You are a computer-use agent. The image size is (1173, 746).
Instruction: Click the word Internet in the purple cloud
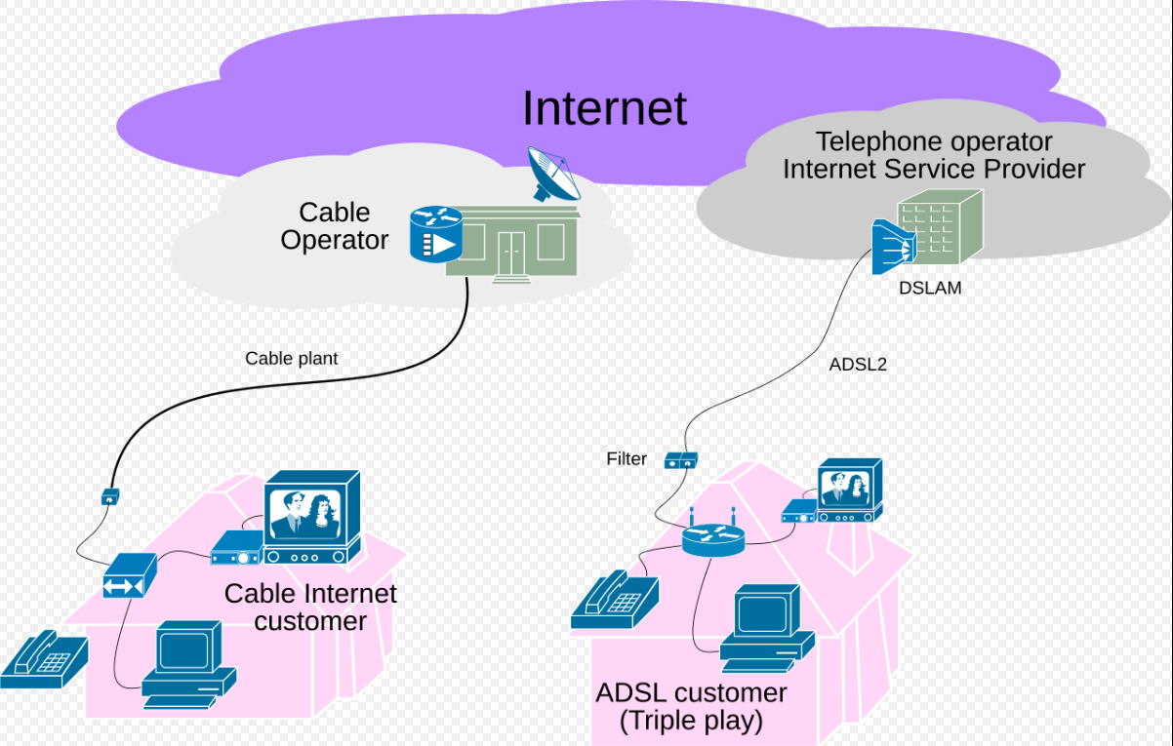604,108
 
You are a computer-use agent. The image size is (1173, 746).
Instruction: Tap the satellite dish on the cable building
552,174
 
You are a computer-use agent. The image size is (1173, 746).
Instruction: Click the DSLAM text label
929,288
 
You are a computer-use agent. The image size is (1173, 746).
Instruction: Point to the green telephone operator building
939,226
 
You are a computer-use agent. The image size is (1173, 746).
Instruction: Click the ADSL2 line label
857,366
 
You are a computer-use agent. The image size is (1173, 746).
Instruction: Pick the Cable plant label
291,359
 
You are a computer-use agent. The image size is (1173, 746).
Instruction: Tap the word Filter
627,459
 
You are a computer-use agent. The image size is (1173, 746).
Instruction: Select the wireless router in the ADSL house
712,536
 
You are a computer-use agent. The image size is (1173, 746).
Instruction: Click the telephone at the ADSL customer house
615,598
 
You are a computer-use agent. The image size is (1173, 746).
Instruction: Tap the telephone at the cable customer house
43,658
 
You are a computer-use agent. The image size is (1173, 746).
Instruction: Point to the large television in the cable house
311,517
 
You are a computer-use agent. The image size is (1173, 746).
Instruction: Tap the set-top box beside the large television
237,550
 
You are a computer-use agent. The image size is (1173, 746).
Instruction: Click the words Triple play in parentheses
691,722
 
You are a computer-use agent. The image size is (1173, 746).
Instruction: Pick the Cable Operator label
334,226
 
